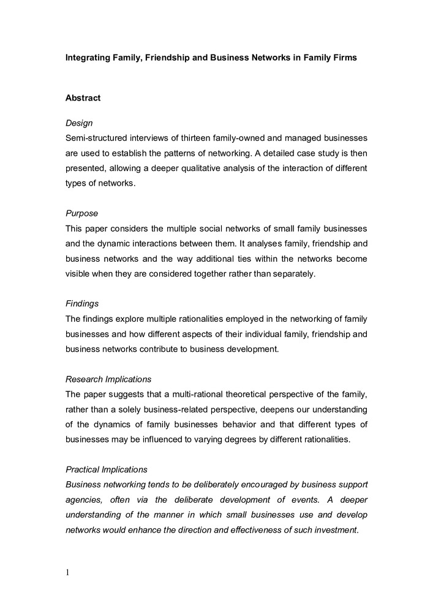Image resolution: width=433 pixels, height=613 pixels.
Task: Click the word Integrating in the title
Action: coord(89,58)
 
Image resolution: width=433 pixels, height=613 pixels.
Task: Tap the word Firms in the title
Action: coord(344,58)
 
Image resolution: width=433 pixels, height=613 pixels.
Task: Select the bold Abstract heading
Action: coord(83,98)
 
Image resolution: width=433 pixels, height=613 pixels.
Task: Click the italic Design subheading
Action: coord(79,123)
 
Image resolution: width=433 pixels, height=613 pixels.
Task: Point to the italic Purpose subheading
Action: coord(82,214)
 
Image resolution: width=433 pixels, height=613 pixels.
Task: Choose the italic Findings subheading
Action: coord(82,304)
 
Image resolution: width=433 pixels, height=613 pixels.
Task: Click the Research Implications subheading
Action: coord(108,379)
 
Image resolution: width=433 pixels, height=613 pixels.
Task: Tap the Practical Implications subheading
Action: coord(107,470)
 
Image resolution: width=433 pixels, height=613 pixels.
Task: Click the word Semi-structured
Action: coord(96,139)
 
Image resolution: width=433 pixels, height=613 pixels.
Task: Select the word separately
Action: coord(293,274)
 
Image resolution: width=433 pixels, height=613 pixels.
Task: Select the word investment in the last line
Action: coord(336,530)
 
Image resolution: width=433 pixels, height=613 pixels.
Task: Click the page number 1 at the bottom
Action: coord(67,573)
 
